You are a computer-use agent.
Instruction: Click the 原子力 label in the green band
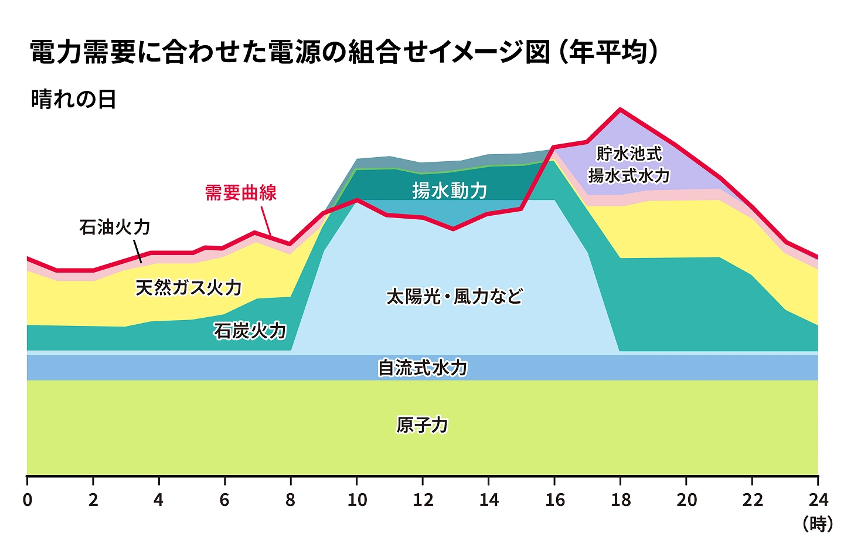pos(422,424)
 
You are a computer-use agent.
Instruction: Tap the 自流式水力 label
pos(422,368)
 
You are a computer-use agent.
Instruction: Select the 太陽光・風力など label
pos(454,296)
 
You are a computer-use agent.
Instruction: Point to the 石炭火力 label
pos(250,331)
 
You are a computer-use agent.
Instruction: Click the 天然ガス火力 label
pos(188,287)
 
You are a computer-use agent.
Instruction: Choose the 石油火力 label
pos(115,227)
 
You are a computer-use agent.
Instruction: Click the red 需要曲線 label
pos(240,192)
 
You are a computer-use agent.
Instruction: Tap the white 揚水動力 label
pos(449,190)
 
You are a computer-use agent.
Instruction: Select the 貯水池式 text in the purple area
pos(629,154)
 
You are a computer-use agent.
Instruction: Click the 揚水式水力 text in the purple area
pos(629,175)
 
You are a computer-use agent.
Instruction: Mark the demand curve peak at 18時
pos(620,110)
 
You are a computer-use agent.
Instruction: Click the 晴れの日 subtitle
pos(73,99)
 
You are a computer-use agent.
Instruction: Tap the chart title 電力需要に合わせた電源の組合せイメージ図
pos(290,52)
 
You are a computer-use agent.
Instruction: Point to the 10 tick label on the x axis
pos(357,500)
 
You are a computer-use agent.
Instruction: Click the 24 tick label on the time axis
pos(818,500)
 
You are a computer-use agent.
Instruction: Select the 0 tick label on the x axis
pos(28,500)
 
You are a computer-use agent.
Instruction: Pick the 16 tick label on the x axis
pos(554,500)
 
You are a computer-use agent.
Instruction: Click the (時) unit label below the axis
pos(818,523)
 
